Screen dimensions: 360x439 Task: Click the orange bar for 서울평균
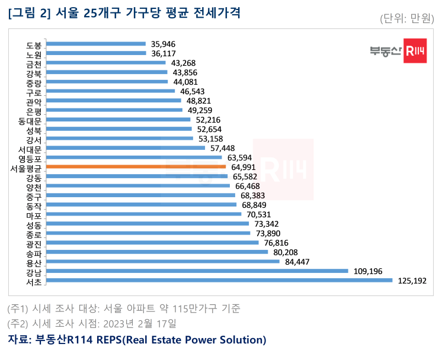pos(136,167)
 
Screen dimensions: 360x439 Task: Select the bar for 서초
pos(219,280)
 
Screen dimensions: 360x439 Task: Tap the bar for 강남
pos(197,271)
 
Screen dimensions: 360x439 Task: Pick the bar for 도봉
pos(95,43)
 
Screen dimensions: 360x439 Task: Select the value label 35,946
pos(164,44)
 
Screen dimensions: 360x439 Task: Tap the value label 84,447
pos(298,262)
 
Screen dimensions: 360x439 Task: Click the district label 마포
pos(34,215)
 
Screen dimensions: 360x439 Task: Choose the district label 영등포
pos(30,158)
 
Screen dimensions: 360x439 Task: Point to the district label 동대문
pos(30,120)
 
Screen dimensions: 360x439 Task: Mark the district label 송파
pos(34,253)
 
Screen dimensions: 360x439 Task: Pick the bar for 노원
pos(96,53)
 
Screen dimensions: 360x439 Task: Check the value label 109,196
pos(367,271)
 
